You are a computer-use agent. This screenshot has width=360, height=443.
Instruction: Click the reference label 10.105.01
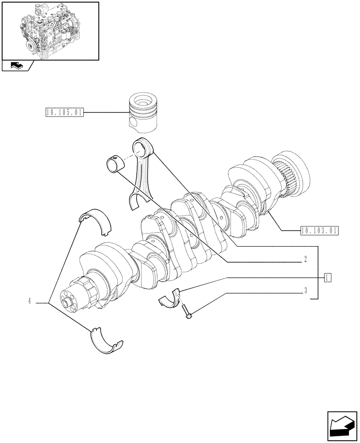click(64, 113)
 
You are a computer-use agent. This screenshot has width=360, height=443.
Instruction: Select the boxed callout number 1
click(327, 278)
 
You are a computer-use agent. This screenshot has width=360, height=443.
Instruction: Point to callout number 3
click(305, 291)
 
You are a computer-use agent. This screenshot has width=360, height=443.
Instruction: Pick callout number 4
click(29, 302)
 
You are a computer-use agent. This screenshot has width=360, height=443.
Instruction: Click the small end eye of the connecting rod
click(145, 147)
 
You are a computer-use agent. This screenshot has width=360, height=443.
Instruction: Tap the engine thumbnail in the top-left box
click(50, 31)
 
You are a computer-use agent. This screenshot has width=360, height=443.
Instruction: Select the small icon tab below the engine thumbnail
click(16, 66)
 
